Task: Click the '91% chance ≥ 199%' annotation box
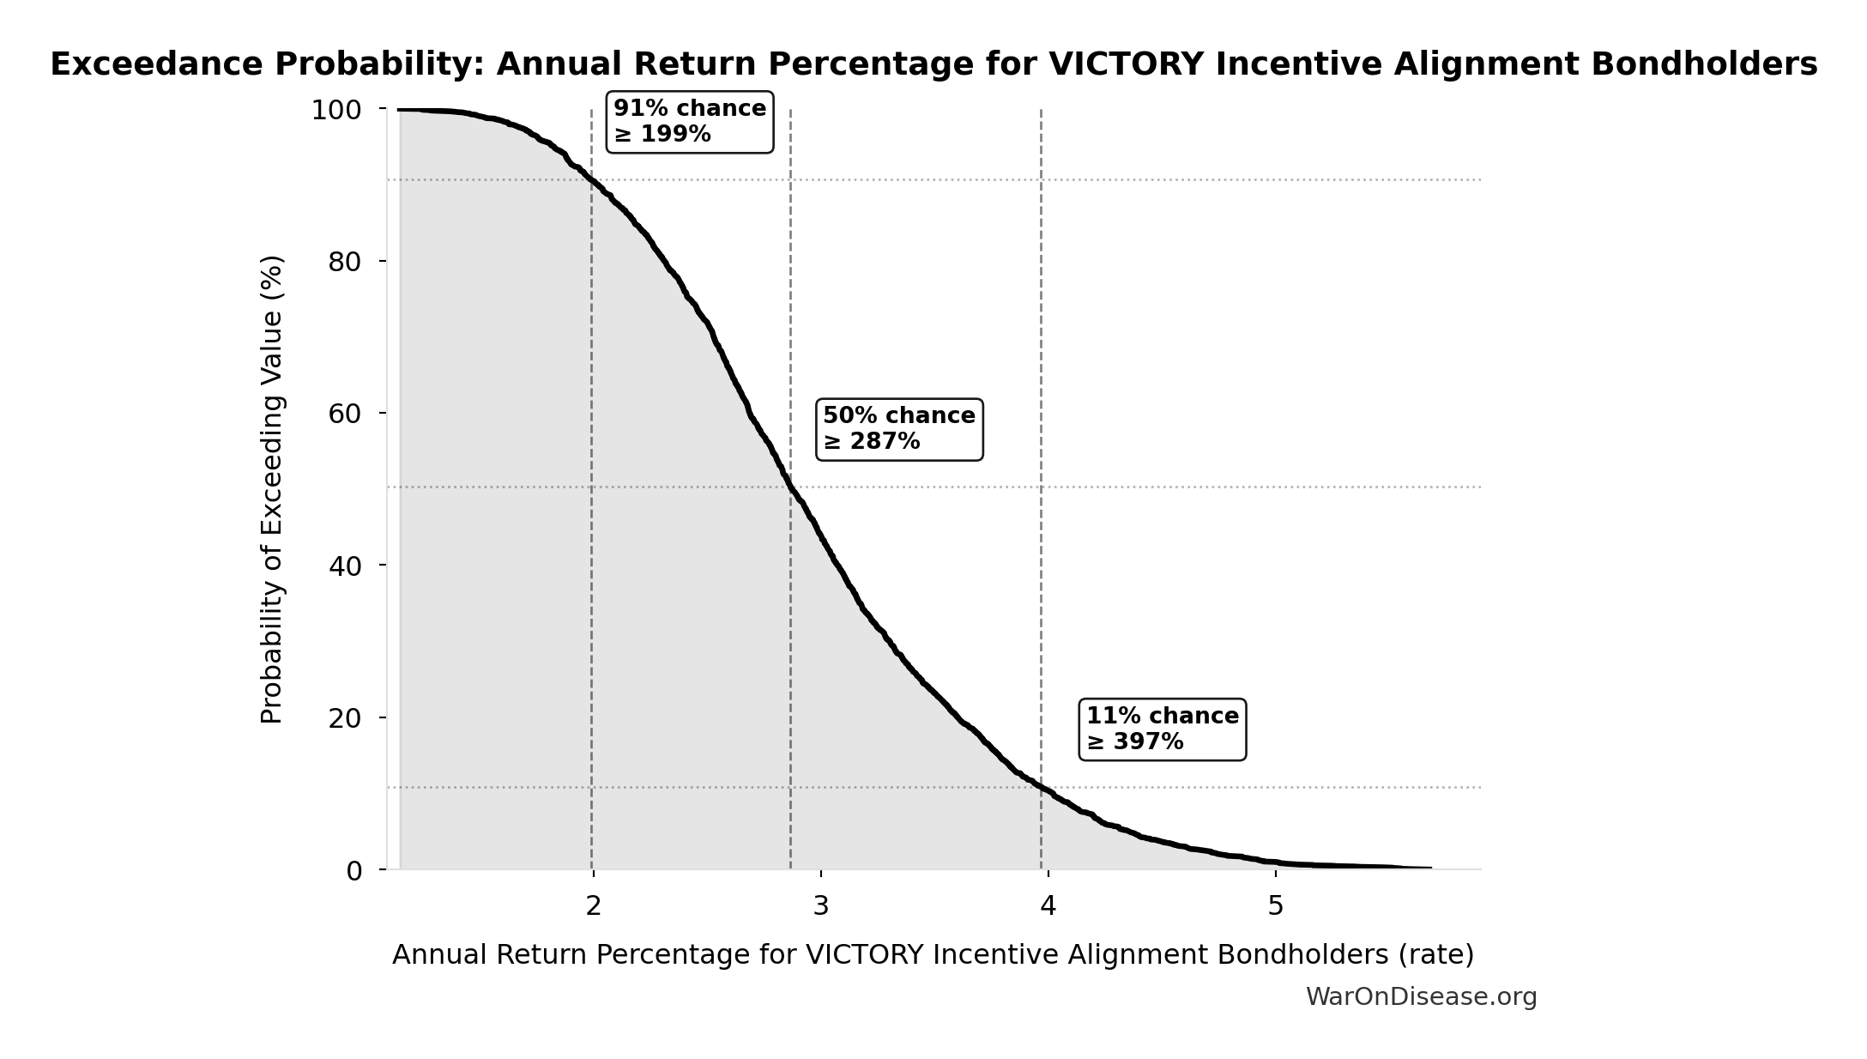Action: click(x=690, y=122)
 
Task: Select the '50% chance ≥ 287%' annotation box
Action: click(x=898, y=429)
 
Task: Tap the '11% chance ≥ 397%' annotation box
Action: click(x=1162, y=729)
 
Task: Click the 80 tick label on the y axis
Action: click(x=344, y=262)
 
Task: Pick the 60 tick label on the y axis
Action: click(x=344, y=414)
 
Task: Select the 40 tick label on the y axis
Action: click(x=344, y=566)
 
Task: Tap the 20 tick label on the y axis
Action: click(x=344, y=718)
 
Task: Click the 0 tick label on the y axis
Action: click(x=353, y=871)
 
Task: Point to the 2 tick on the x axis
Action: click(x=593, y=905)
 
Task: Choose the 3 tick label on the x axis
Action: click(x=821, y=905)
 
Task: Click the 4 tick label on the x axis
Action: click(x=1048, y=905)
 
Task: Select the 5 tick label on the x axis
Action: click(x=1276, y=905)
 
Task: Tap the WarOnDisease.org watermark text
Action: click(x=1421, y=996)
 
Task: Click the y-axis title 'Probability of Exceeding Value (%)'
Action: click(x=271, y=489)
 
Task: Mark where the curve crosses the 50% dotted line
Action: click(x=789, y=487)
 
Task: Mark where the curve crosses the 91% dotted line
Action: click(x=591, y=179)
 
